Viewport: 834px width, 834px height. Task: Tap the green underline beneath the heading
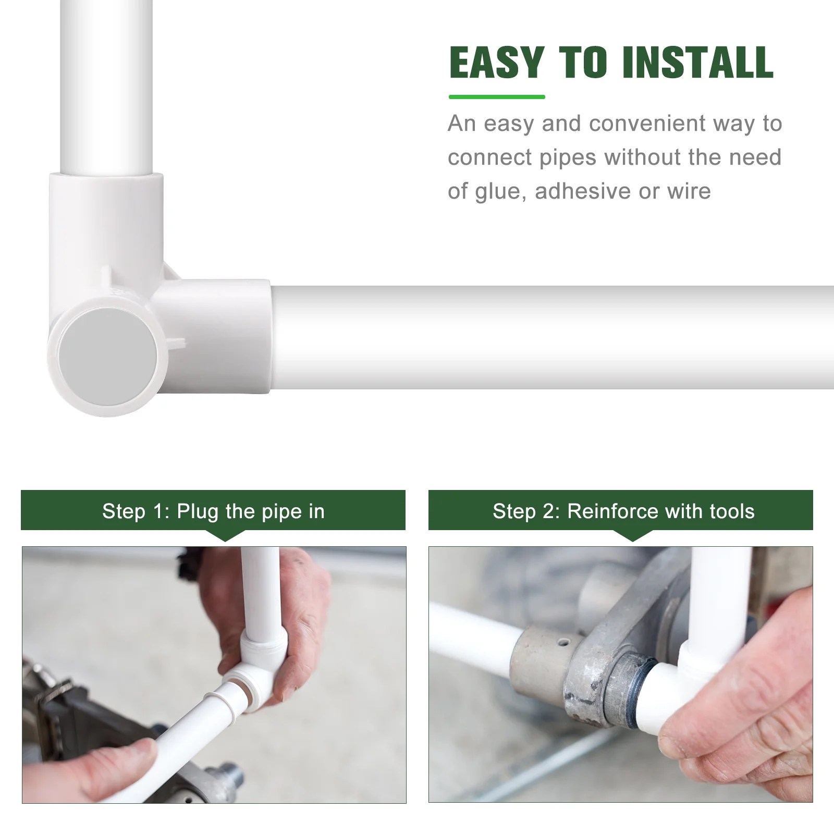[496, 97]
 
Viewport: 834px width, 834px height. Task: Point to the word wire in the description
[689, 191]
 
